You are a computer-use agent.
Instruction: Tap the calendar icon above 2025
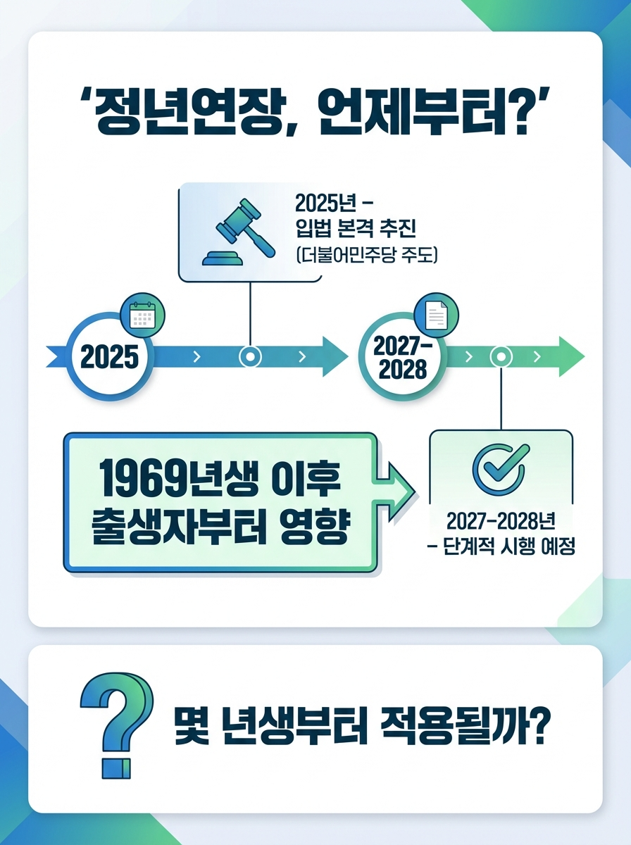143,316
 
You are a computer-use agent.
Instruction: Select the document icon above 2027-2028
437,315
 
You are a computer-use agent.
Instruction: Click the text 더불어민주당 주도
366,254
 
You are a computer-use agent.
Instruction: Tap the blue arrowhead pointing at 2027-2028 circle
335,357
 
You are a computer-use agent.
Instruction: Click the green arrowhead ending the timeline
570,357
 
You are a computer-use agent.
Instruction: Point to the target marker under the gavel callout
250,357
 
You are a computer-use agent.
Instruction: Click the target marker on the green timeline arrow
501,357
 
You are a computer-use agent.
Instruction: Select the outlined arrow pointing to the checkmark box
398,485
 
